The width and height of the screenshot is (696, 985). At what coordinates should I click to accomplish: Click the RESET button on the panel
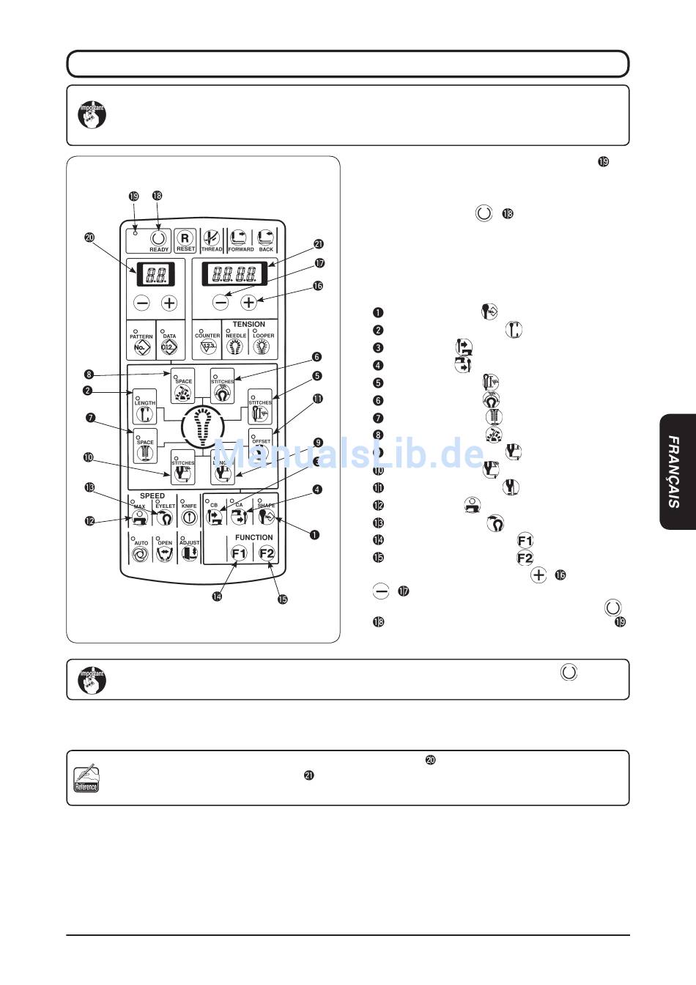click(185, 239)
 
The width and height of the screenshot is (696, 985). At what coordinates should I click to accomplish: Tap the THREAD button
click(212, 239)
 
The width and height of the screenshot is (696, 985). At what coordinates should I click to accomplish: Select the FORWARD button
click(240, 239)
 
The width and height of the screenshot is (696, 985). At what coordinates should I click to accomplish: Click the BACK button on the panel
click(265, 239)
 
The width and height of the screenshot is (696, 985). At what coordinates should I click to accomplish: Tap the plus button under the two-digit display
click(169, 303)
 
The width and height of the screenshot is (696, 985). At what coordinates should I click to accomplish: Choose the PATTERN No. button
click(141, 342)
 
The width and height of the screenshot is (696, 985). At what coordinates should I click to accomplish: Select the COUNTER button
click(207, 342)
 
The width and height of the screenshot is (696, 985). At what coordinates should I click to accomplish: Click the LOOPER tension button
click(263, 342)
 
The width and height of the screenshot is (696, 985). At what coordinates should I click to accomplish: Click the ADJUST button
click(189, 552)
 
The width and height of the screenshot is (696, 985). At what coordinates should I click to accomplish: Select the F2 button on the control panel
click(266, 554)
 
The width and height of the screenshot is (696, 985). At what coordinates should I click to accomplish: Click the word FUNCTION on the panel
click(253, 538)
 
